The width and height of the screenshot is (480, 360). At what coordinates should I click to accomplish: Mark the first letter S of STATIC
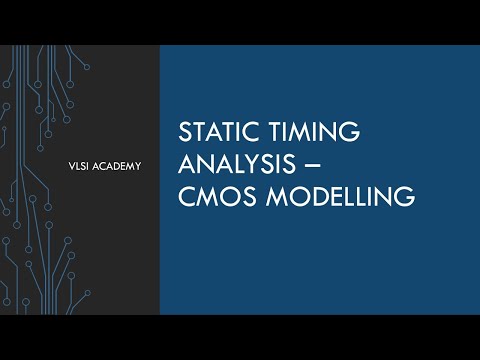(182, 134)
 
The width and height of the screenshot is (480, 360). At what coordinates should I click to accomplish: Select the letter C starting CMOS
(184, 197)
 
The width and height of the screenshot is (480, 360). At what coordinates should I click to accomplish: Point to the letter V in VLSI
(62, 166)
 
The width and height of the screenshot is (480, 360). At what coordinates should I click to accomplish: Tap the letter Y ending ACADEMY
(136, 166)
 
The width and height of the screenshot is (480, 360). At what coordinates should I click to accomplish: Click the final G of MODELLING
(404, 197)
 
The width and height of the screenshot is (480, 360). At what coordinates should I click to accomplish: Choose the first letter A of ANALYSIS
(185, 165)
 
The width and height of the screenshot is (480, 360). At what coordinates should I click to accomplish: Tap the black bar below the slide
(240, 337)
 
